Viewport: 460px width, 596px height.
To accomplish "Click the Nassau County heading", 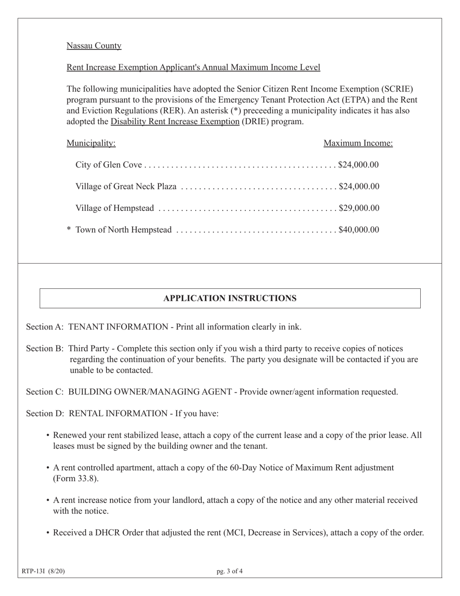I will click(x=94, y=46).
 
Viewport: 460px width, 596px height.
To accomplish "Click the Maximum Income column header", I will click(x=358, y=143).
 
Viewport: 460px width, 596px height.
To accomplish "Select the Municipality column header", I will click(x=91, y=143).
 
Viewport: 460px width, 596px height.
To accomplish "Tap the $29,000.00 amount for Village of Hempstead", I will click(x=359, y=208).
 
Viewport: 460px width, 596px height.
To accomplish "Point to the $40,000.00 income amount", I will click(x=359, y=230).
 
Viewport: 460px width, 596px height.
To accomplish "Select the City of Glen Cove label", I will click(x=108, y=165).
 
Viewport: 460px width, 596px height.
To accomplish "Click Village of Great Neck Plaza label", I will click(x=126, y=187).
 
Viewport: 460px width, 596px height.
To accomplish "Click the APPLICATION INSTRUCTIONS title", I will click(x=230, y=298).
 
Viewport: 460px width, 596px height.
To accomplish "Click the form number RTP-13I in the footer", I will click(x=34, y=571).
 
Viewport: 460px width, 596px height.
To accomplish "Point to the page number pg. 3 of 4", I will click(x=230, y=571).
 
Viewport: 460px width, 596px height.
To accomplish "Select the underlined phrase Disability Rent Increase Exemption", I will click(x=175, y=121).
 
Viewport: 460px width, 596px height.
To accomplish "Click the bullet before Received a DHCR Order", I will click(x=48, y=533).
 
